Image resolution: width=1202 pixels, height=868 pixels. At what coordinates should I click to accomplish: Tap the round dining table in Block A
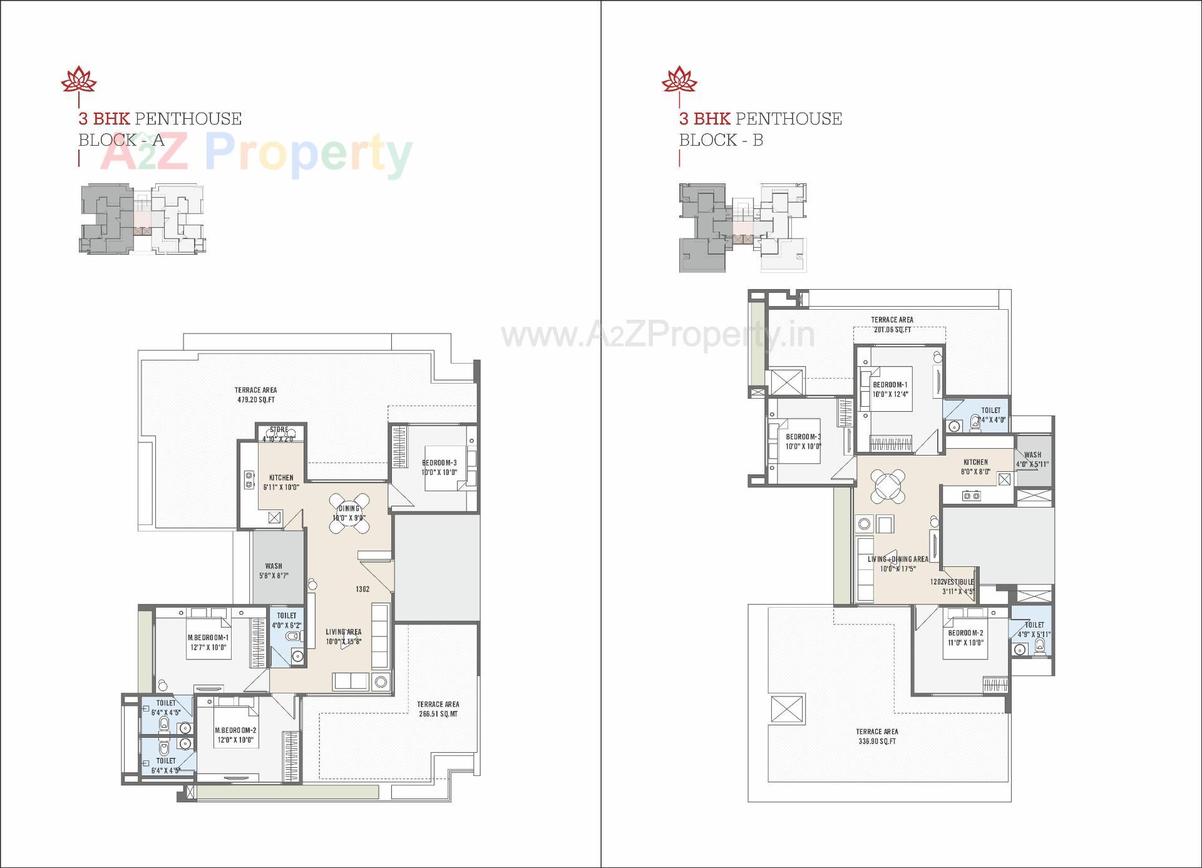[349, 513]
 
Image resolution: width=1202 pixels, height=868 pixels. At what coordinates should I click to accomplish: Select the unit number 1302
[362, 589]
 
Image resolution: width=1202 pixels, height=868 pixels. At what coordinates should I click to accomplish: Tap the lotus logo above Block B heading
[679, 79]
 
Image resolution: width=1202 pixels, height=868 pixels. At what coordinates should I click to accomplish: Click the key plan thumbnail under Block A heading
[142, 219]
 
